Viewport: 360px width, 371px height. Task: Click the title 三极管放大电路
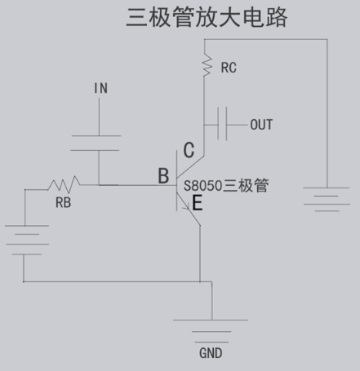click(x=207, y=17)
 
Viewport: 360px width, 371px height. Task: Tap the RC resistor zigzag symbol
click(x=207, y=64)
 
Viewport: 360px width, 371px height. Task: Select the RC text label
click(x=229, y=68)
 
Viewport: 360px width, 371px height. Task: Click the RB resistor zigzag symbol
click(x=64, y=184)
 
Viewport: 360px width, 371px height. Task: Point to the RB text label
click(x=64, y=202)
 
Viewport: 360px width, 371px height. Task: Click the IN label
click(x=100, y=88)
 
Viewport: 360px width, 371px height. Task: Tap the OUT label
click(x=261, y=125)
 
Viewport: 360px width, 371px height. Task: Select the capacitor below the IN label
click(x=96, y=143)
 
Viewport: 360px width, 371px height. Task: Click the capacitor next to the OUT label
click(x=222, y=124)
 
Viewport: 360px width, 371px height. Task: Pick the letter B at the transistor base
click(x=163, y=175)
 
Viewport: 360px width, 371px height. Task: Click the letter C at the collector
click(x=189, y=150)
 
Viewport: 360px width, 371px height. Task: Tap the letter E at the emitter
click(x=198, y=203)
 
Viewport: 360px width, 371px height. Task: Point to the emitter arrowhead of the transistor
click(x=187, y=207)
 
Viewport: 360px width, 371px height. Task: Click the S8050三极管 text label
click(x=226, y=186)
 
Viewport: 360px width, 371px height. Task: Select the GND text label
click(x=211, y=353)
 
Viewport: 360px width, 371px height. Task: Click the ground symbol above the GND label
click(x=211, y=331)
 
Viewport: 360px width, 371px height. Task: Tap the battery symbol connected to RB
click(x=27, y=240)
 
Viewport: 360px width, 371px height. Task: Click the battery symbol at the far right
click(x=327, y=199)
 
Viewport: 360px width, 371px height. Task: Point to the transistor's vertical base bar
click(x=176, y=181)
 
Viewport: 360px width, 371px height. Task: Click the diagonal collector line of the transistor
click(x=190, y=166)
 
